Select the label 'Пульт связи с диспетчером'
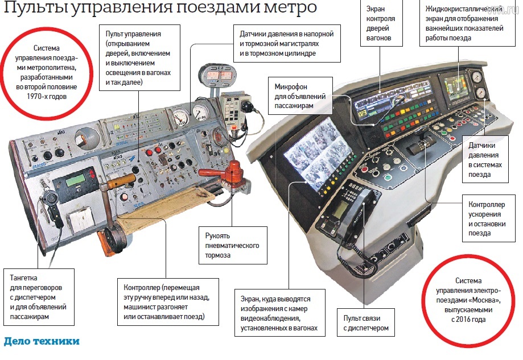[x=365, y=323]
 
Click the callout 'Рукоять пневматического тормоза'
[x=233, y=246]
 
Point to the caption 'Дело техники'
[x=42, y=342]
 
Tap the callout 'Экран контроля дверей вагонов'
[x=381, y=24]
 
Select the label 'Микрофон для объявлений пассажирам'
[x=299, y=96]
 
